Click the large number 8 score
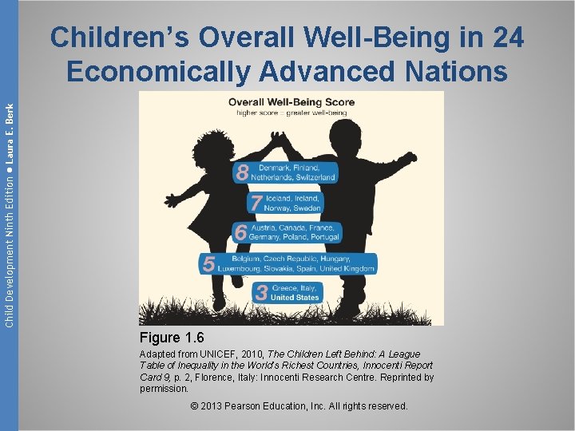coord(242,172)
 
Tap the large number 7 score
coord(255,203)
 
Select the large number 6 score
coord(240,232)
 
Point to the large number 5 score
coord(208,264)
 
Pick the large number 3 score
coord(261,292)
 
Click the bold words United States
coord(295,298)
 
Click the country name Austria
coord(268,227)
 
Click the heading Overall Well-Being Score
coord(291,102)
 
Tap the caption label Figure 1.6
coord(172,338)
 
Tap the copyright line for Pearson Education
coord(299,406)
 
